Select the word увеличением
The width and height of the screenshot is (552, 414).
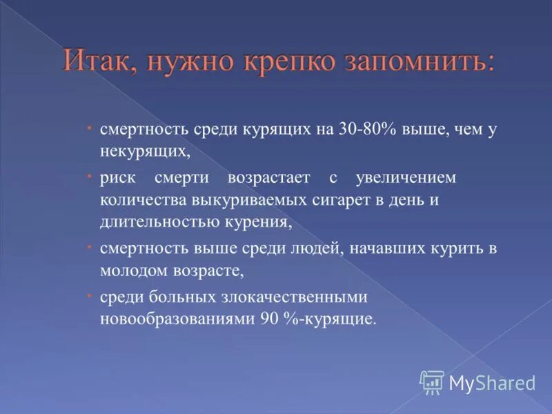(x=406, y=178)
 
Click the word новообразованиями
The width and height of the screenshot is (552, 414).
(x=178, y=319)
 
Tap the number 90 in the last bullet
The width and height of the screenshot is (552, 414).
(x=270, y=319)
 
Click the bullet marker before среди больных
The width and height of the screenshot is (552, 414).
(x=90, y=295)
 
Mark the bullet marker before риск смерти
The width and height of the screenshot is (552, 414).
(x=90, y=176)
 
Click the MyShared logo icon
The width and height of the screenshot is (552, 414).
(x=432, y=382)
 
